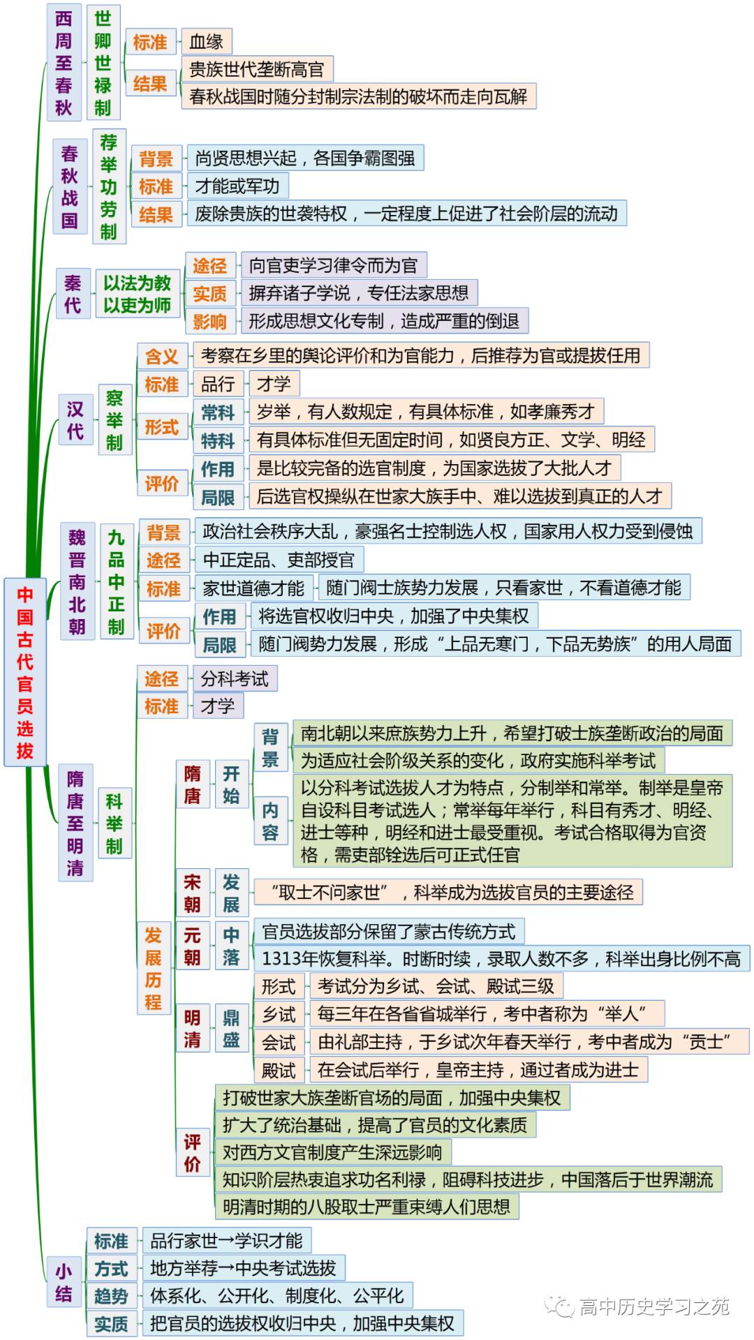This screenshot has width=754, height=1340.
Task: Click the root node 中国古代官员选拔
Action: [x=25, y=672]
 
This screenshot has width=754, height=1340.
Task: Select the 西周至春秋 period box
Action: [x=64, y=62]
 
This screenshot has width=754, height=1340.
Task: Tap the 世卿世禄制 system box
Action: [x=103, y=62]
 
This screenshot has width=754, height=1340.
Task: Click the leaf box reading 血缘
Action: [x=206, y=42]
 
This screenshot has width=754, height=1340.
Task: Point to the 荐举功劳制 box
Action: [x=109, y=186]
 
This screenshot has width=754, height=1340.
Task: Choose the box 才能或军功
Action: [x=237, y=186]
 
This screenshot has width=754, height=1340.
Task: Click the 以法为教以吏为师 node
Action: [x=138, y=294]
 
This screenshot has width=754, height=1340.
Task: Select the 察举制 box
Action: [x=114, y=419]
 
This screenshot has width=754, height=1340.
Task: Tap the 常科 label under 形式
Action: [x=218, y=412]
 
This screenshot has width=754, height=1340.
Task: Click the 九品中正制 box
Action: [x=117, y=582]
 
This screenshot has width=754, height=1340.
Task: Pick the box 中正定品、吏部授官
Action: [x=279, y=560]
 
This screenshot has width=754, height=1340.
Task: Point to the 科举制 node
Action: [x=114, y=824]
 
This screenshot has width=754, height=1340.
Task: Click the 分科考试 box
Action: [x=235, y=678]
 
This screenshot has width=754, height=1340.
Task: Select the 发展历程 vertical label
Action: [x=154, y=968]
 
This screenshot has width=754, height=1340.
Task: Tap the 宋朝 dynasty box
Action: [x=193, y=893]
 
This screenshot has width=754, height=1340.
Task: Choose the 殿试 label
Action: [x=279, y=1070]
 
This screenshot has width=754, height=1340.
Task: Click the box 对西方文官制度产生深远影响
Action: [x=332, y=1152]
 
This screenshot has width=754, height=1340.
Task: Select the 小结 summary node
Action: [x=64, y=1283]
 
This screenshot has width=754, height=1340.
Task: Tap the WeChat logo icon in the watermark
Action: [x=559, y=1305]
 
